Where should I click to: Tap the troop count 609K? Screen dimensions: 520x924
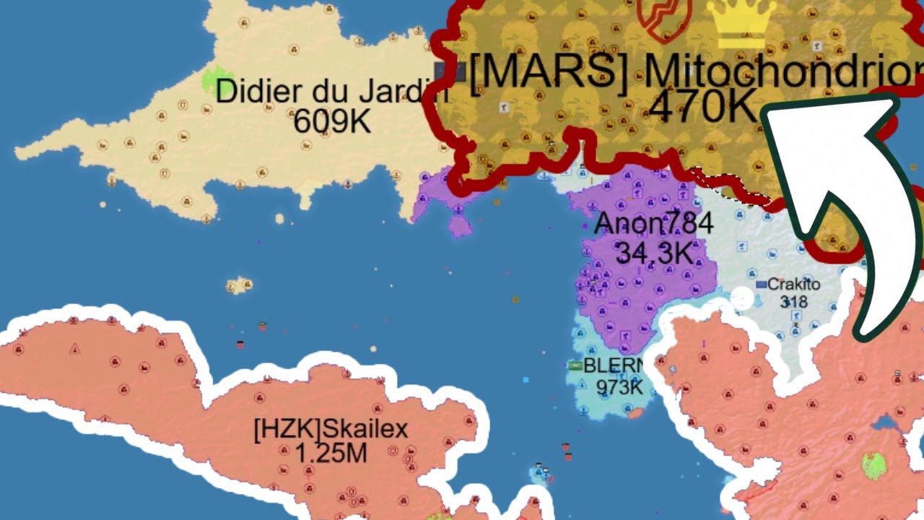pyautogui.click(x=332, y=121)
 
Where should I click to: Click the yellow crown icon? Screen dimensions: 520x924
pyautogui.click(x=742, y=22)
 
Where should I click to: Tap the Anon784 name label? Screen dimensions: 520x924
pyautogui.click(x=653, y=224)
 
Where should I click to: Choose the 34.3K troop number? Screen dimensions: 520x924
pyautogui.click(x=655, y=252)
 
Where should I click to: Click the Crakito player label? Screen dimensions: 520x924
pyautogui.click(x=793, y=284)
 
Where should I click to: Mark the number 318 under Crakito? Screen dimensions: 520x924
pyautogui.click(x=793, y=301)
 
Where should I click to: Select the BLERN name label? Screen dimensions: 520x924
pyautogui.click(x=613, y=365)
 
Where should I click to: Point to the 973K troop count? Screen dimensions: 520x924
pyautogui.click(x=619, y=386)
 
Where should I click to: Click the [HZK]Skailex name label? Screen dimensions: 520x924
pyautogui.click(x=331, y=430)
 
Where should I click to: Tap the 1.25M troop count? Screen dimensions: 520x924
pyautogui.click(x=331, y=454)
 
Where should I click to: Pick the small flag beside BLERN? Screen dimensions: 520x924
pyautogui.click(x=575, y=366)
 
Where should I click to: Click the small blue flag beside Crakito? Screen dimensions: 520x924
pyautogui.click(x=761, y=285)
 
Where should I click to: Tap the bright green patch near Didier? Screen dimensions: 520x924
pyautogui.click(x=213, y=78)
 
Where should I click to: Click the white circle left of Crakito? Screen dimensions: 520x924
pyautogui.click(x=741, y=298)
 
